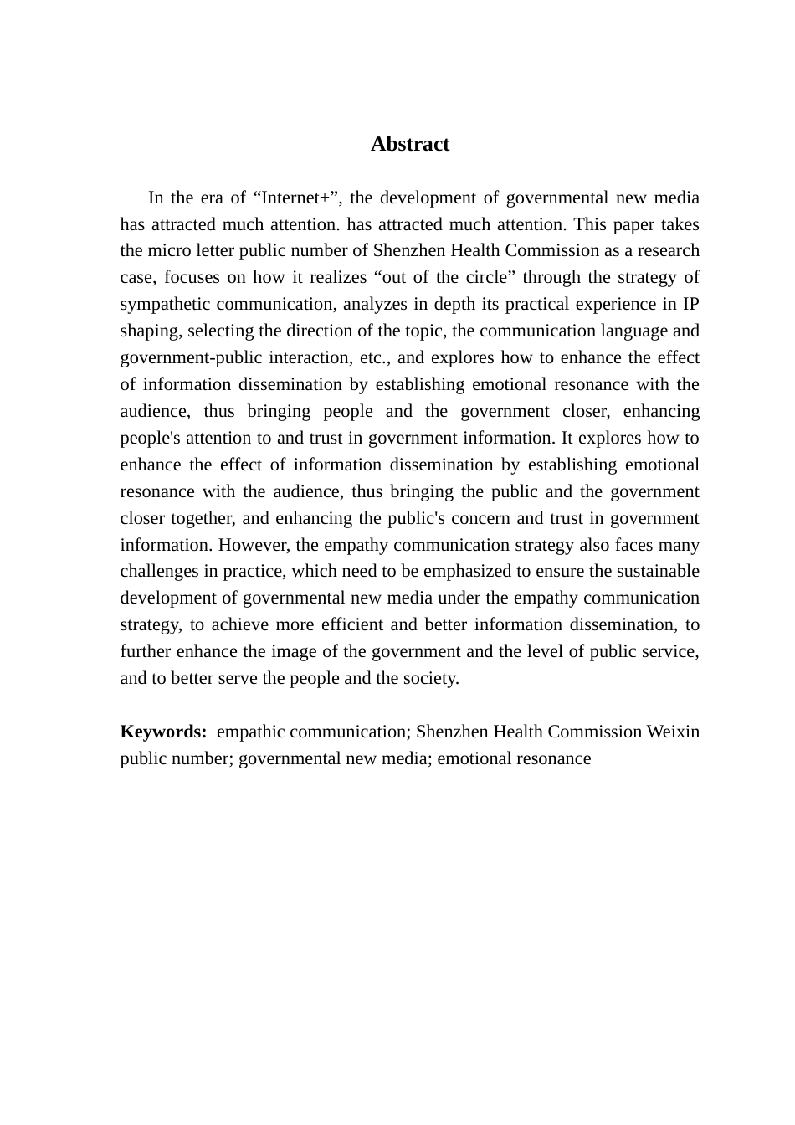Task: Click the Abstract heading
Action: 410,144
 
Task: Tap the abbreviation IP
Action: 690,304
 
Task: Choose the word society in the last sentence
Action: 431,678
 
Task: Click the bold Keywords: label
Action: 163,732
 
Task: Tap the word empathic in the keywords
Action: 250,732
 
